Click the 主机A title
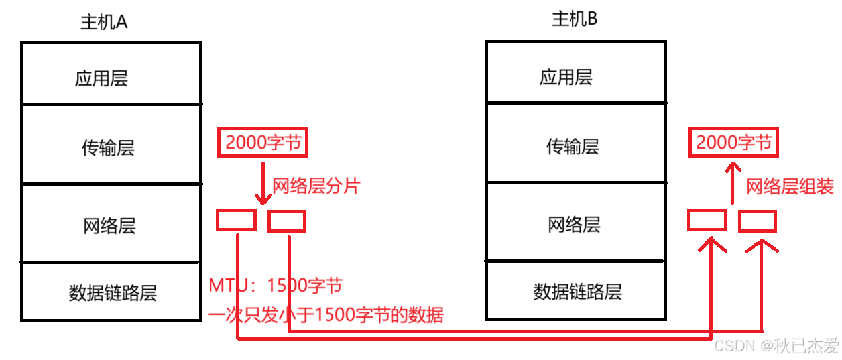(103, 22)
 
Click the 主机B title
(574, 19)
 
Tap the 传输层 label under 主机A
(108, 147)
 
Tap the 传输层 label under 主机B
(573, 146)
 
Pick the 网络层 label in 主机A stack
(109, 226)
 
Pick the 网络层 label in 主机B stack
(574, 224)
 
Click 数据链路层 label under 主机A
(113, 293)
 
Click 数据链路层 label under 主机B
(577, 291)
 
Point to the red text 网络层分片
(316, 186)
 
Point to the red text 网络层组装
(790, 187)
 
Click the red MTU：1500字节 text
(276, 286)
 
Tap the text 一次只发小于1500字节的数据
(326, 314)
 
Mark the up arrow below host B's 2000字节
(732, 182)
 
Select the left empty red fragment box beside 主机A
(237, 220)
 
